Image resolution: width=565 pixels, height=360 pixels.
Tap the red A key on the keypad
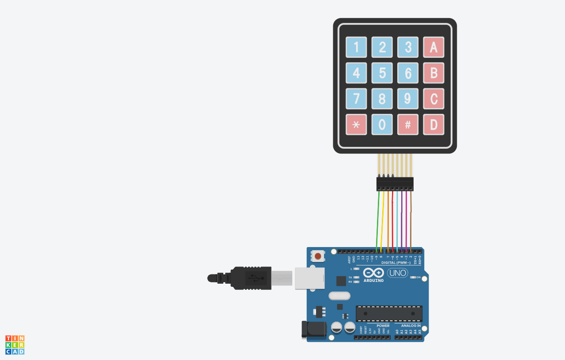pos(433,47)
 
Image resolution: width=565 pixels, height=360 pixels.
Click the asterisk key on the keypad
pos(356,125)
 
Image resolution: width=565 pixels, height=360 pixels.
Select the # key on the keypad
pos(408,125)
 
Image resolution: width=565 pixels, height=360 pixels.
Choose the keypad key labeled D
pos(433,125)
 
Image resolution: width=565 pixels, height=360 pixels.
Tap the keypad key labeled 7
pos(356,99)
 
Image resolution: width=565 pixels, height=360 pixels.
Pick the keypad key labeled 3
pos(408,47)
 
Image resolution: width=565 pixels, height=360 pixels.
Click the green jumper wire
pos(378,221)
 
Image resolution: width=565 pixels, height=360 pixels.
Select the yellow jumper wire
pos(382,221)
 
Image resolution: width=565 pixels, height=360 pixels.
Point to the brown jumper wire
pos(411,221)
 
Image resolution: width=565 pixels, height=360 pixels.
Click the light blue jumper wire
pos(397,221)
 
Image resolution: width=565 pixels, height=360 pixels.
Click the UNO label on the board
pos(397,273)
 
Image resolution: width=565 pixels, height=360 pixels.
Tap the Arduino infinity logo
pos(373,273)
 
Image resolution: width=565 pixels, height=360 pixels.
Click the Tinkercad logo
pos(15,345)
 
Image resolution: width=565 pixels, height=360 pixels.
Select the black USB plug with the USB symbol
pos(251,278)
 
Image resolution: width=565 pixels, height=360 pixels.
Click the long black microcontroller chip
pos(389,313)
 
